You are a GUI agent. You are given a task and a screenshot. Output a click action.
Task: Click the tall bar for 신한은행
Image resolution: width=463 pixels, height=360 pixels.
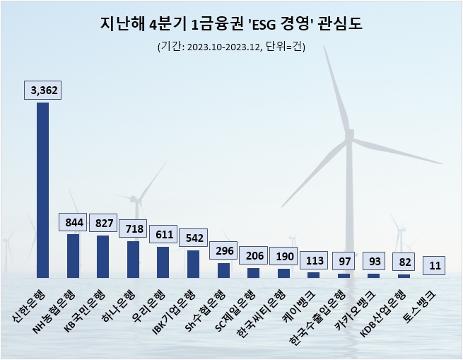(x=42, y=190)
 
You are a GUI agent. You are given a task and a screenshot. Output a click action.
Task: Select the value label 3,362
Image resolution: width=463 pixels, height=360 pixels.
(x=42, y=90)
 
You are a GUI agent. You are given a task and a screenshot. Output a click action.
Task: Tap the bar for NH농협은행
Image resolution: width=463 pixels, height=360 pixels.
(x=73, y=255)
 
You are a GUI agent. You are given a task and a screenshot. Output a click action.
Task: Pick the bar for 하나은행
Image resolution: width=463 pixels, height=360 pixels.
(x=133, y=259)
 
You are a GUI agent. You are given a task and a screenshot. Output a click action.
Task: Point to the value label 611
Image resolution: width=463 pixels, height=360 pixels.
(x=163, y=234)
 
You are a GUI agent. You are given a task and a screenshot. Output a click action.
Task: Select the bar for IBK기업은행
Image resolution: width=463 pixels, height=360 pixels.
(x=193, y=263)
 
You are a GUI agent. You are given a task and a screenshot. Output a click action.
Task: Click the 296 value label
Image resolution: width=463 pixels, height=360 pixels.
(x=223, y=251)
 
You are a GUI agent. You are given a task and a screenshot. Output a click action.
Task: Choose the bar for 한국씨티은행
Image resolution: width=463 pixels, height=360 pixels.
(x=283, y=273)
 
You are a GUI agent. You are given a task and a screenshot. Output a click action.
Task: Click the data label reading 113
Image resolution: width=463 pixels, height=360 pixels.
(x=314, y=260)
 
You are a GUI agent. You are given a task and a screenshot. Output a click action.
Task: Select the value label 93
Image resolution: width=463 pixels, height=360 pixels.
(x=374, y=262)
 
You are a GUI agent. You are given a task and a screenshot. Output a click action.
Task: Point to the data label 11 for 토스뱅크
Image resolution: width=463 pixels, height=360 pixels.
(x=434, y=265)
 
